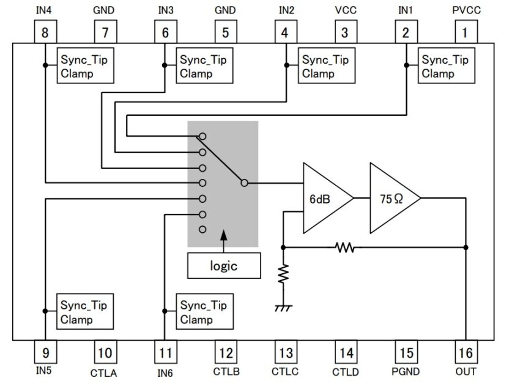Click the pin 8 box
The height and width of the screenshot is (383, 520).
(45, 32)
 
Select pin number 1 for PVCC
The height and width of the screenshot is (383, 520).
(465, 32)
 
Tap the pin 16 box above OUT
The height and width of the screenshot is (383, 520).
(466, 353)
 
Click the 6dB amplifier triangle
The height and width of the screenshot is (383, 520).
(325, 198)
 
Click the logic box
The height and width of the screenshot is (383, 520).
(224, 266)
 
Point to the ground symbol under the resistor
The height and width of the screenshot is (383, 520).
(283, 308)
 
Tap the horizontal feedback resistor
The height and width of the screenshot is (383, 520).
(344, 248)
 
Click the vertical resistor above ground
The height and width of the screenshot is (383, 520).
(283, 275)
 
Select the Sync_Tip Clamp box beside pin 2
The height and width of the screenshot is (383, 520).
(445, 66)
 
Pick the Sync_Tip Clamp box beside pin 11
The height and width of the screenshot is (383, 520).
(204, 312)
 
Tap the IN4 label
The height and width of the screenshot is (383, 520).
(44, 10)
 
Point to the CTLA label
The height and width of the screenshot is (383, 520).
(104, 372)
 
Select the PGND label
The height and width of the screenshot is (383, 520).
(406, 372)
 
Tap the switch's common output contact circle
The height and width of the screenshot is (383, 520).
(244, 183)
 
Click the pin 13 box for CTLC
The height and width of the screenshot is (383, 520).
(285, 353)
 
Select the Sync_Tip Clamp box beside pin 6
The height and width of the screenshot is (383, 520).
(203, 66)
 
